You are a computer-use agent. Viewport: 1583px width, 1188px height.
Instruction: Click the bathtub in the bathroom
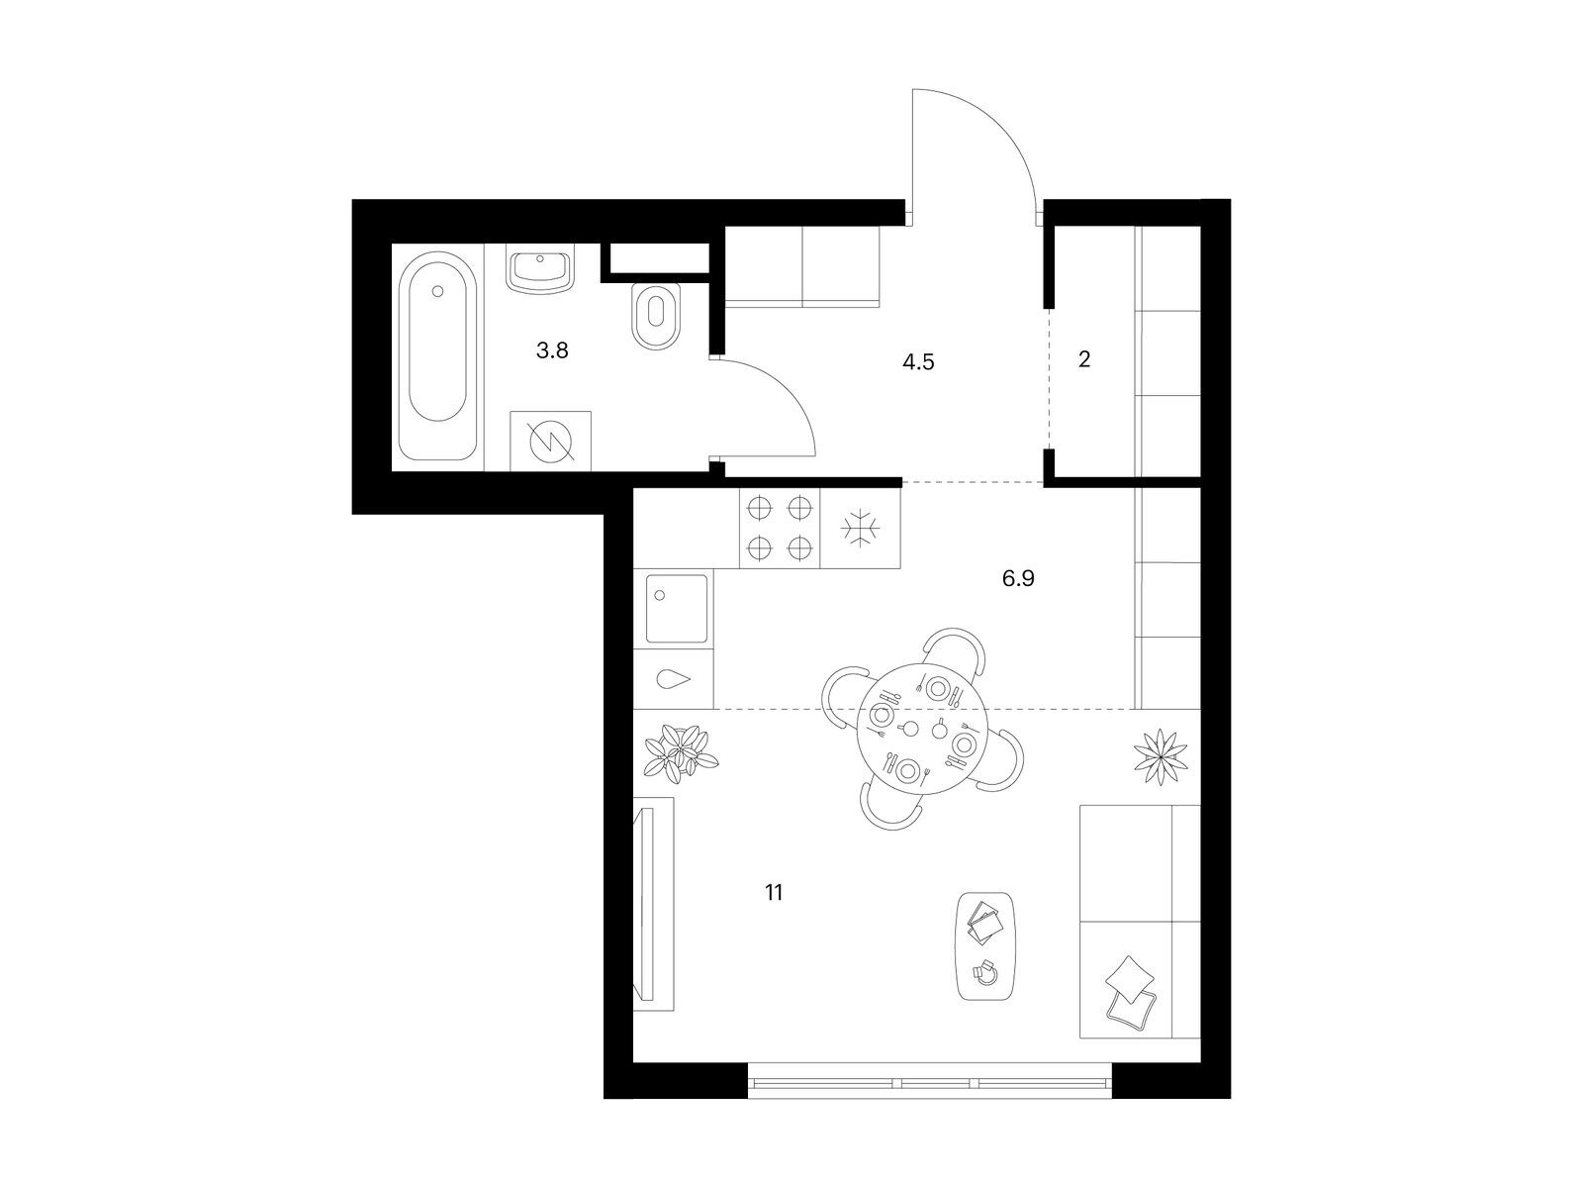coord(437,354)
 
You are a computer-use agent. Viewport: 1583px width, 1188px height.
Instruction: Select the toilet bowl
coord(656,316)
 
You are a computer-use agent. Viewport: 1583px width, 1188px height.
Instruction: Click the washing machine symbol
coord(550,441)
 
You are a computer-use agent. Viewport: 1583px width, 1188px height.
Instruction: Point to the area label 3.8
coord(552,350)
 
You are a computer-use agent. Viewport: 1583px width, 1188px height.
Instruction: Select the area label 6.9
coord(1018,578)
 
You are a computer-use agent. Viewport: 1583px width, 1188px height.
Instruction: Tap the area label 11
coord(774,893)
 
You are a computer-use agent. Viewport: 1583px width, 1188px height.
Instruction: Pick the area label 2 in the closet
coord(1084,359)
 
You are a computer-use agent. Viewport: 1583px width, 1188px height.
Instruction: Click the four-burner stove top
coord(780,529)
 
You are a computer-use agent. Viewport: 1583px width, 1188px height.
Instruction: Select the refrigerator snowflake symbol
coord(861,529)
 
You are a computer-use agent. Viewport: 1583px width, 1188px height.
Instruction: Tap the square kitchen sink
coord(677,608)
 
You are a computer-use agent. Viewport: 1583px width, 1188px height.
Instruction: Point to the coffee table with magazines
coord(985,945)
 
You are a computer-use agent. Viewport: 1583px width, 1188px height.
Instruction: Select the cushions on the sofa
coord(1130,990)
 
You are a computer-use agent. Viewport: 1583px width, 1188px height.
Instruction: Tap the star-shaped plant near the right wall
coord(1161,756)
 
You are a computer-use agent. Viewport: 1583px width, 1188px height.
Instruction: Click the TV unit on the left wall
coord(653,904)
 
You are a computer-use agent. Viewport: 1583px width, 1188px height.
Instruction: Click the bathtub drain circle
coord(436,291)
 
